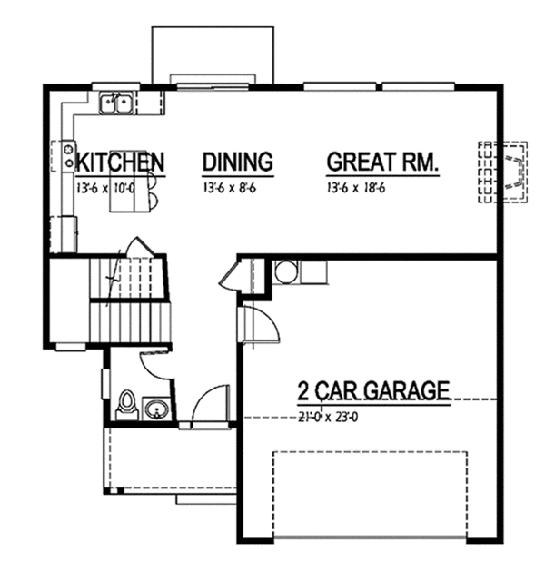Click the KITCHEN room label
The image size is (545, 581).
click(120, 162)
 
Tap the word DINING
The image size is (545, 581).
click(237, 162)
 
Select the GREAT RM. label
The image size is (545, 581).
click(382, 162)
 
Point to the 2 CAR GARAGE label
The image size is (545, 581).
click(373, 391)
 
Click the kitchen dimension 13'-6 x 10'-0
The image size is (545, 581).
click(105, 188)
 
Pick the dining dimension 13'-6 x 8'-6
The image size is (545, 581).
click(228, 188)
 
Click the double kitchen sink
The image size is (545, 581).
click(117, 103)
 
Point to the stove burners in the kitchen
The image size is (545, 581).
click(67, 154)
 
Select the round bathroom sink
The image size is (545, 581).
click(156, 409)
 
